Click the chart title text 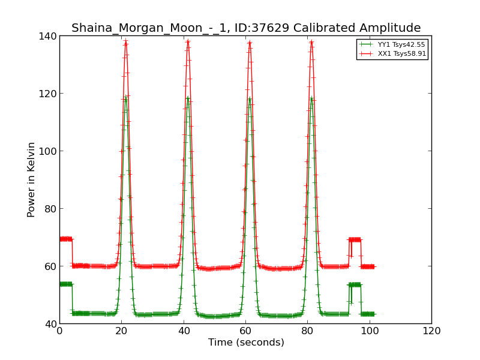coord(246,28)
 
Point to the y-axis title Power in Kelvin coord(31,179)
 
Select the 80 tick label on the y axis coord(52,209)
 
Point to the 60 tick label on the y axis coord(52,266)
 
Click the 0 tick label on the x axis coord(59,331)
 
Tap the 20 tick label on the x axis coord(121,331)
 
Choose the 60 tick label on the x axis coord(245,331)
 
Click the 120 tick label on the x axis coord(431,331)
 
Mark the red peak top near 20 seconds coord(126,42)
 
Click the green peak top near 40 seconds coord(188,98)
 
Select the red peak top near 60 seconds coord(250,42)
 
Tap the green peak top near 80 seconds coord(311,98)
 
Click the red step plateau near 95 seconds coord(355,239)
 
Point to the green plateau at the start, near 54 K coord(65,284)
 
